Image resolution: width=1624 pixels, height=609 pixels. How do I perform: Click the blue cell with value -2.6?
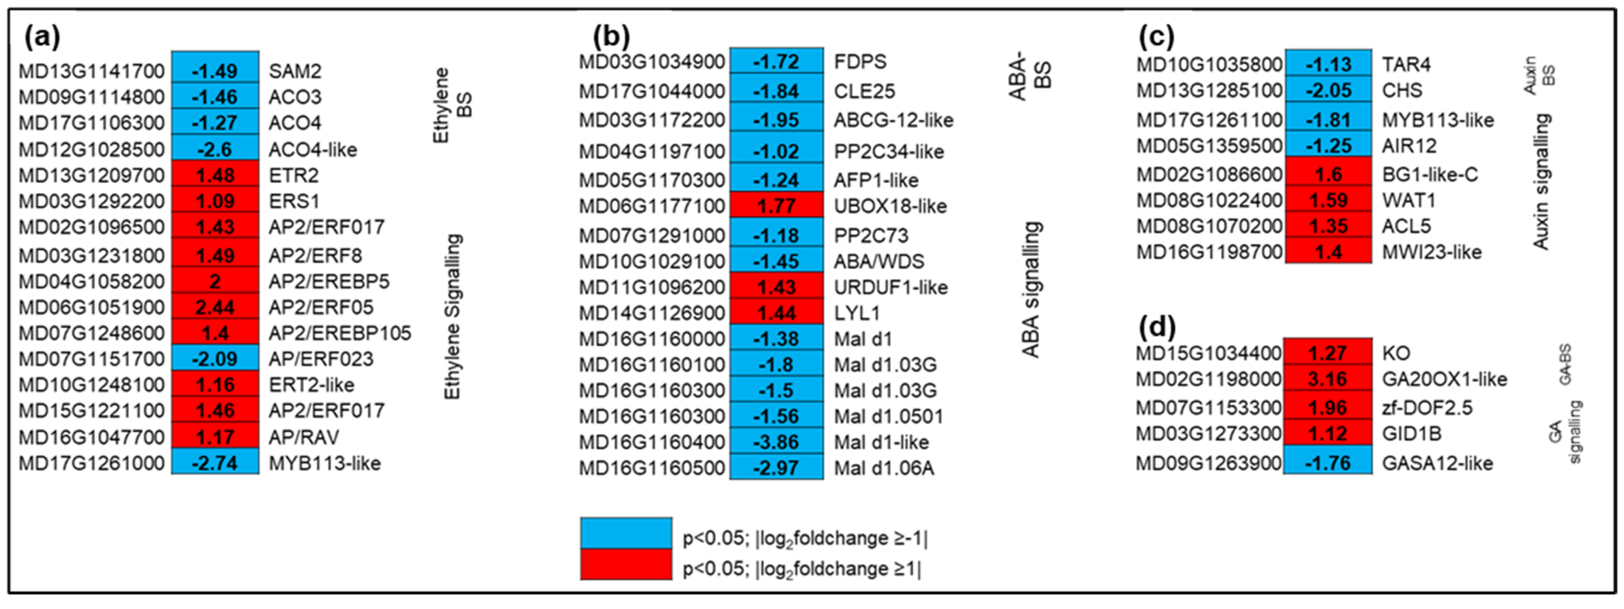[215, 149]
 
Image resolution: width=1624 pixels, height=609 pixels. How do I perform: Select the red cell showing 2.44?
[215, 307]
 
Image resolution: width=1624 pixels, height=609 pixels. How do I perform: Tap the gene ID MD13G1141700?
[92, 71]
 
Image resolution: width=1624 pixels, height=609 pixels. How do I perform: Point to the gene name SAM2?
[295, 71]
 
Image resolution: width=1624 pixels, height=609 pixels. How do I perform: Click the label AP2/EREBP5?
[329, 281]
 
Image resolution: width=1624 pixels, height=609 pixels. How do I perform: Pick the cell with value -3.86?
[776, 442]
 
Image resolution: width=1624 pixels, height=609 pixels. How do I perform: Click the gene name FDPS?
[860, 62]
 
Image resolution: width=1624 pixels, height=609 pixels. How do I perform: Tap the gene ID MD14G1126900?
[652, 313]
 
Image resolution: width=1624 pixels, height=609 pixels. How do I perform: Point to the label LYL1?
[857, 313]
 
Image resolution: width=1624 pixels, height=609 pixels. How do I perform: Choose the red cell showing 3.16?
[1328, 379]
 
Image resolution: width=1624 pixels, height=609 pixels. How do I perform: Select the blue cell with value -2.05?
[1328, 90]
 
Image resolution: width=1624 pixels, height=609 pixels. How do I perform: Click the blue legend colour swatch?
[626, 533]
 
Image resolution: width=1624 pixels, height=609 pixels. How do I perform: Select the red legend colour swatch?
[626, 564]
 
